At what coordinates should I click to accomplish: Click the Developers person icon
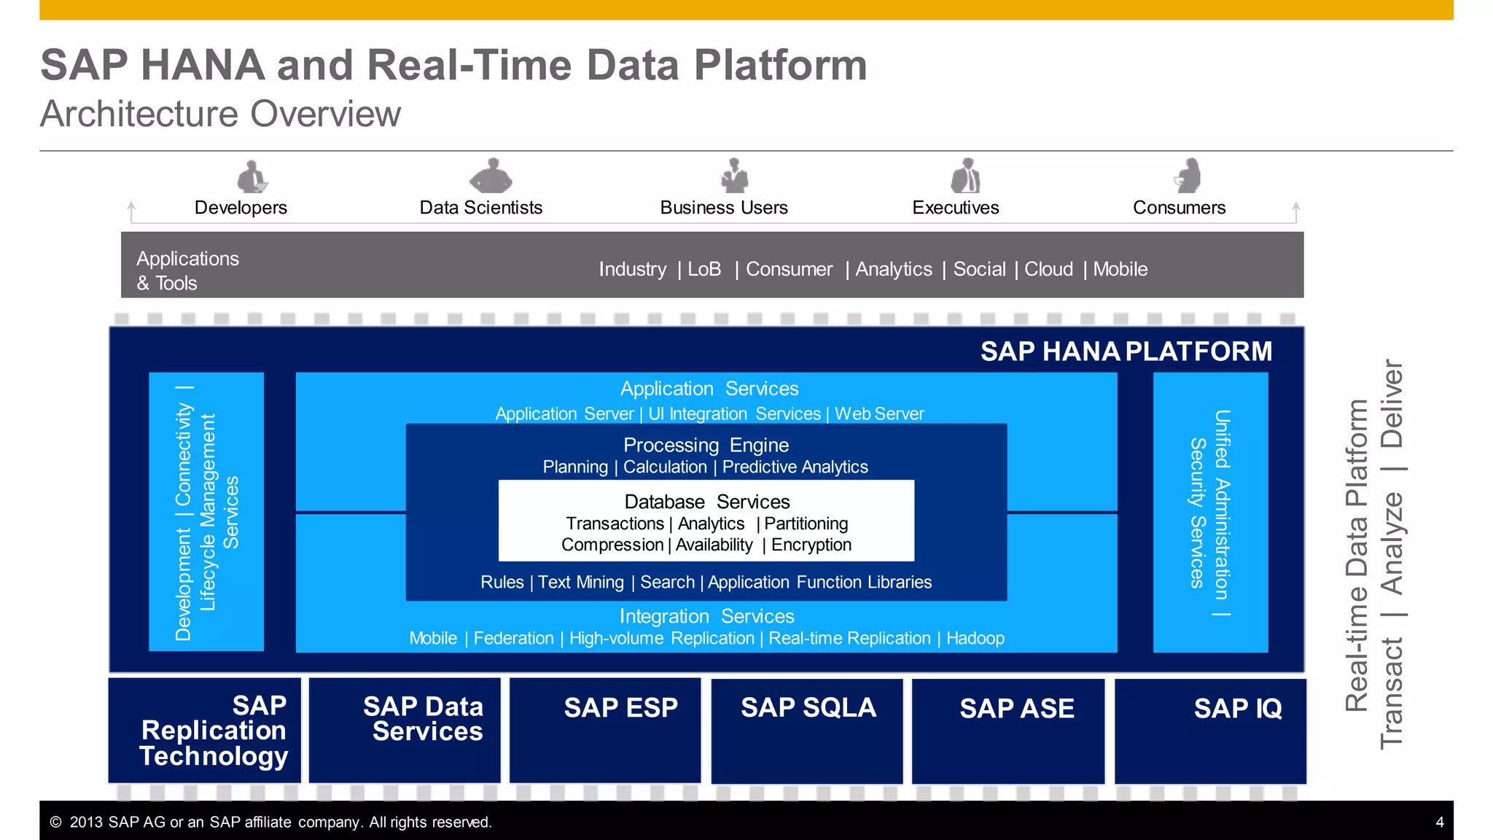click(x=252, y=177)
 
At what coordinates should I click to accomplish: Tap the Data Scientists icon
click(x=491, y=176)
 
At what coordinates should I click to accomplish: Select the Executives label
click(x=955, y=208)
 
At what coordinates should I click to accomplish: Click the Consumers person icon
click(x=1188, y=176)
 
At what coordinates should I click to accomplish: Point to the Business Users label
click(x=723, y=208)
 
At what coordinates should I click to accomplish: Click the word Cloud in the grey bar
click(x=1048, y=269)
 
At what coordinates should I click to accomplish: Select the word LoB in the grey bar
click(x=704, y=269)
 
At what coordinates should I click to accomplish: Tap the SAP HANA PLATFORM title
click(x=1126, y=351)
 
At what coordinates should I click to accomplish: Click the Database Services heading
click(x=706, y=502)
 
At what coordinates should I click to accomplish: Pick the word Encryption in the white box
click(x=811, y=545)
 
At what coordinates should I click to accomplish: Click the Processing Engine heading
click(x=706, y=445)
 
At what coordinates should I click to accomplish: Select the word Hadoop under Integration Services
click(x=975, y=638)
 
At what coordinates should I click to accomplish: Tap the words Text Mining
click(x=581, y=582)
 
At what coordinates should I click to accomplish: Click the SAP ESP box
click(x=605, y=729)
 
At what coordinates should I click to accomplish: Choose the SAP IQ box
click(x=1210, y=729)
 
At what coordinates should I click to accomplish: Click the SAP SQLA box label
click(x=808, y=708)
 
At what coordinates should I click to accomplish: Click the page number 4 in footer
click(x=1439, y=822)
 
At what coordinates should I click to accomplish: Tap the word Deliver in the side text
click(x=1392, y=404)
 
